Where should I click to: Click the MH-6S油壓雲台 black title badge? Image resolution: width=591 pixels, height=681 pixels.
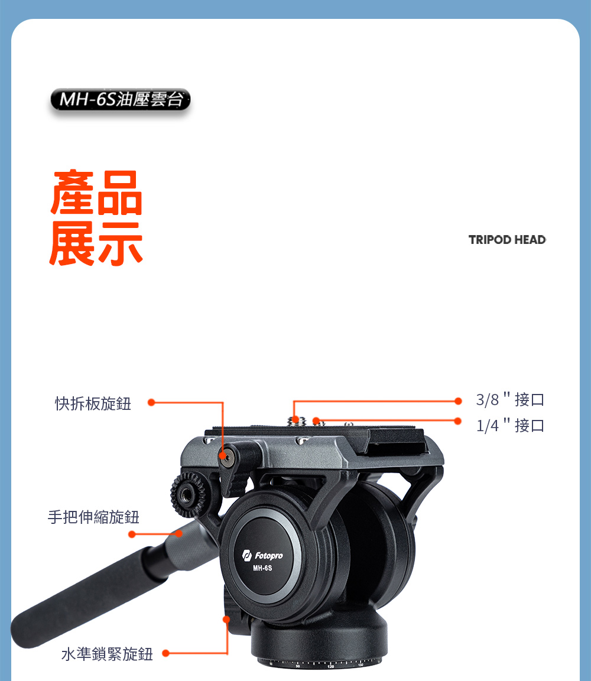(121, 99)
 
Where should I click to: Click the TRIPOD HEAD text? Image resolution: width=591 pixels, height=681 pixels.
(507, 240)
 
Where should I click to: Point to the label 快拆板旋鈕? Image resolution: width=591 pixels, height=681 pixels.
(93, 403)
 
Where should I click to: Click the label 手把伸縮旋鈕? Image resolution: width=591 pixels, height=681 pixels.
(93, 517)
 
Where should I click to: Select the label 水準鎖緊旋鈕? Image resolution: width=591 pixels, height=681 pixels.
(107, 654)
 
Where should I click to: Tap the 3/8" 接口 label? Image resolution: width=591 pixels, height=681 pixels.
(510, 399)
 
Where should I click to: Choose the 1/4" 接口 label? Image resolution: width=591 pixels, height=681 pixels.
(510, 425)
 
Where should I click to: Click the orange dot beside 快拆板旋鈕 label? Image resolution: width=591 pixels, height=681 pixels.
(151, 402)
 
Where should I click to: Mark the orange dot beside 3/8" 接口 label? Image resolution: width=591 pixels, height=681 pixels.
(458, 401)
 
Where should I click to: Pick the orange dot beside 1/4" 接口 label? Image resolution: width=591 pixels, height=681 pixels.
(457, 421)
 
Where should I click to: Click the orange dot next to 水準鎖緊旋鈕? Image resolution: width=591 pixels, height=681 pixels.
(165, 653)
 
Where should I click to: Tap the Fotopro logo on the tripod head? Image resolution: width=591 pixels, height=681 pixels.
(262, 555)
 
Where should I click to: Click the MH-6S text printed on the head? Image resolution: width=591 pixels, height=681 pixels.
(262, 568)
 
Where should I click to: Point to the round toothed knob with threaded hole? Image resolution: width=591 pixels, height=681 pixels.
(188, 495)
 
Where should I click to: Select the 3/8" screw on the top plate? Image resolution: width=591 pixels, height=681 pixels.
(295, 419)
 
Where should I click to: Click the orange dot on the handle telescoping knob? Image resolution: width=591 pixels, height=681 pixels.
(178, 533)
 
